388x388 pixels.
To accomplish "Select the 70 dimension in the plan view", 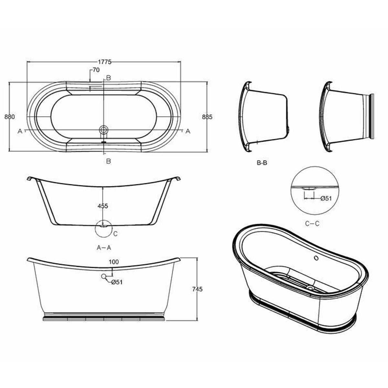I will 96,70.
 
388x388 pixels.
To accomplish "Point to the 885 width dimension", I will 207,117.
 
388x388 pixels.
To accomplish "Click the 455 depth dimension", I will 102,206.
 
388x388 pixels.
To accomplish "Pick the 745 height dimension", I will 197,289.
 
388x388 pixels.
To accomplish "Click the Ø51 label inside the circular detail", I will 326,199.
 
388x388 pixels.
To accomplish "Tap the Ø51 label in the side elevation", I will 117,282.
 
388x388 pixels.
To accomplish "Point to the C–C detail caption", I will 313,223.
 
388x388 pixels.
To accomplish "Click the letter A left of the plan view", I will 20,131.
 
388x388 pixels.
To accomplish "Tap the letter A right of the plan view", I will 187,131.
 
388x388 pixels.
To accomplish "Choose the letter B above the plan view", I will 109,78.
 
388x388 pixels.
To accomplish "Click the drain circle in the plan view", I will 104,130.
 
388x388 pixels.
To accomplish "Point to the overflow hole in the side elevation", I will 104,276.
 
